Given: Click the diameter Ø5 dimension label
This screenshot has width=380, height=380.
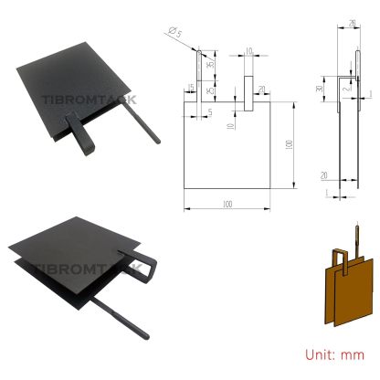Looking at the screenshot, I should (174, 35).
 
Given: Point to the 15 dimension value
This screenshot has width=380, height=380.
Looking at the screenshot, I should (190, 88).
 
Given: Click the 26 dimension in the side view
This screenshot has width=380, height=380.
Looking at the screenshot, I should (352, 26).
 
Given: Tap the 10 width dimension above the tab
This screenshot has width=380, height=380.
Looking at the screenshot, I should (248, 52).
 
